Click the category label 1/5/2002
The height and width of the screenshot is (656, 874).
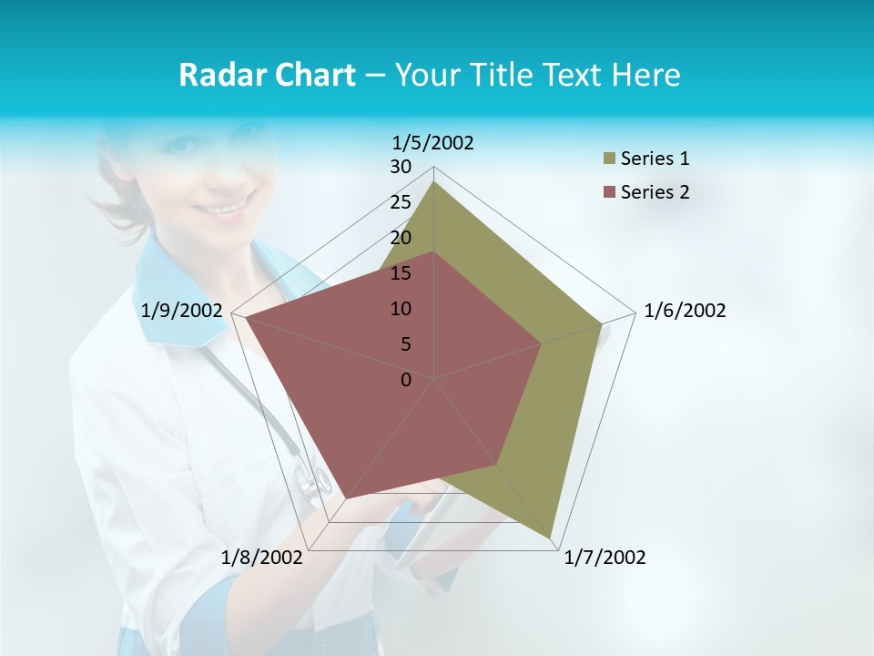tap(433, 143)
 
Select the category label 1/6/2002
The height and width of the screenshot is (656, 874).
tap(685, 311)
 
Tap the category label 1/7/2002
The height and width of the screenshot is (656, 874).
tap(605, 558)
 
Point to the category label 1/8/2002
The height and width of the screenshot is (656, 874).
tap(262, 558)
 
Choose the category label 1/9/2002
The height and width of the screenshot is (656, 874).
tap(182, 311)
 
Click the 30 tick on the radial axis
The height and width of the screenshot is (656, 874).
tap(401, 167)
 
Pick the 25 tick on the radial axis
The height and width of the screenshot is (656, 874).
tap(401, 202)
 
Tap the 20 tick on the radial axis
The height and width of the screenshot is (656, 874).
tap(401, 238)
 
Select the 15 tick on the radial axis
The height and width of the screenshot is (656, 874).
tap(401, 273)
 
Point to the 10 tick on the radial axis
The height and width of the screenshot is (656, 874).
tap(401, 309)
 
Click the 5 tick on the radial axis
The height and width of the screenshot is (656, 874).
tap(406, 344)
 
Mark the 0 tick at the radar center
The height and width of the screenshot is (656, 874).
tap(406, 380)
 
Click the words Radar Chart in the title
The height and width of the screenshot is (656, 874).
tap(267, 75)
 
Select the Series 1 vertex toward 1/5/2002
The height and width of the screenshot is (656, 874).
tap(434, 181)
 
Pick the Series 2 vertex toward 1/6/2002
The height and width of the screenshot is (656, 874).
tap(542, 343)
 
